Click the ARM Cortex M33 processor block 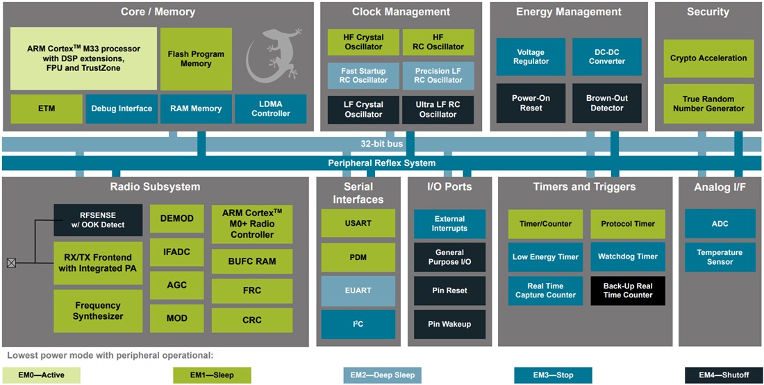pyautogui.click(x=83, y=58)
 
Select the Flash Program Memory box pyautogui.click(x=196, y=58)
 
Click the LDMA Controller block pyautogui.click(x=270, y=109)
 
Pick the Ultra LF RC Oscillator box pyautogui.click(x=438, y=110)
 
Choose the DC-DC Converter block pyautogui.click(x=606, y=57)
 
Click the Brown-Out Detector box pyautogui.click(x=606, y=103)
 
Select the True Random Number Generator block pyautogui.click(x=708, y=104)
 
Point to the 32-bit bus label pyautogui.click(x=381, y=144)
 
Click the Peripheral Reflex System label pyautogui.click(x=381, y=163)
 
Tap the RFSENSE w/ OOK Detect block pyautogui.click(x=98, y=220)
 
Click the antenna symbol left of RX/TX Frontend pyautogui.click(x=11, y=263)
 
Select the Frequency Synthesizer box pyautogui.click(x=98, y=311)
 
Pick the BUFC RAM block pyautogui.click(x=251, y=261)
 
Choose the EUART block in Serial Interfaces pyautogui.click(x=358, y=290)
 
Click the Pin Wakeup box pyautogui.click(x=449, y=324)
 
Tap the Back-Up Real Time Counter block pyautogui.click(x=627, y=290)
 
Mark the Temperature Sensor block pyautogui.click(x=720, y=257)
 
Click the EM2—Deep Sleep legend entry pyautogui.click(x=382, y=375)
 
